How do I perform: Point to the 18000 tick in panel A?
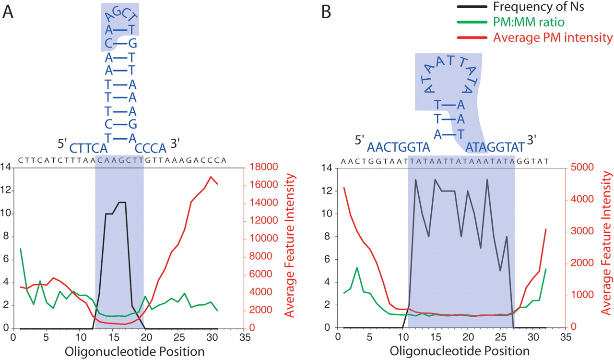tap(263, 168)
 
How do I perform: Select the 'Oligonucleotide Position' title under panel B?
tap(460, 351)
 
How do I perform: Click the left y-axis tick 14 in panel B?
tap(329, 168)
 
